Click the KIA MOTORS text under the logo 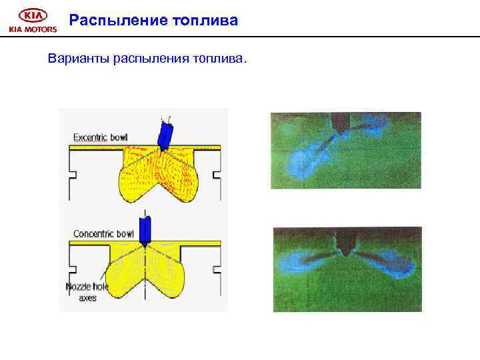click(32, 29)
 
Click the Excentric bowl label click(100, 137)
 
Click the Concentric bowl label click(103, 234)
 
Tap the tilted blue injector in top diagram click(164, 133)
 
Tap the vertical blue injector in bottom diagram click(145, 228)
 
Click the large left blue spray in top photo click(303, 160)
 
